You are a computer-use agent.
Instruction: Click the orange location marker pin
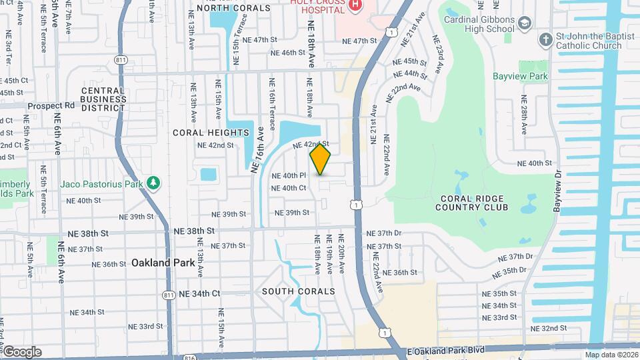(321, 159)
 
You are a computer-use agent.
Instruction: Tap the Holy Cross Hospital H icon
(355, 5)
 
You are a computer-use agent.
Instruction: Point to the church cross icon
(545, 40)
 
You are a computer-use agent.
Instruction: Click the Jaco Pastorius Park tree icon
(154, 183)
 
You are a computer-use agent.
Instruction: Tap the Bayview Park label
(520, 77)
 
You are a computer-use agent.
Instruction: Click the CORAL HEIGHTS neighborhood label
(210, 133)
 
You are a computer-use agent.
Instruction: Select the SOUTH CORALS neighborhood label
(298, 291)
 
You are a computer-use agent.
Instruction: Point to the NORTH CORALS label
(224, 8)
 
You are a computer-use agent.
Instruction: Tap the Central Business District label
(103, 99)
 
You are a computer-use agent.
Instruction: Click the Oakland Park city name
(163, 263)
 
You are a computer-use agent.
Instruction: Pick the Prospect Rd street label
(51, 105)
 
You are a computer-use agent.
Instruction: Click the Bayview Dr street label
(557, 190)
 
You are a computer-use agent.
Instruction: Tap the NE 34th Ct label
(197, 293)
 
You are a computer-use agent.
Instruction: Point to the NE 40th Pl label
(288, 175)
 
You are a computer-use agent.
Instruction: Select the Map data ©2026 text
(611, 355)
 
